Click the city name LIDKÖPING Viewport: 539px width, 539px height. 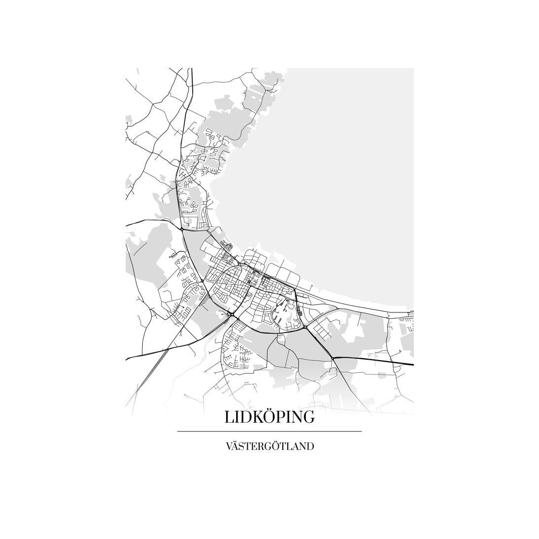tap(269, 417)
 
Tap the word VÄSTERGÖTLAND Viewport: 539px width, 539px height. tap(269, 447)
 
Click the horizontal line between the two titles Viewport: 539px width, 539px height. tap(269, 432)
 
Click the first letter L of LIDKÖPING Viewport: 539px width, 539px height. tap(229, 417)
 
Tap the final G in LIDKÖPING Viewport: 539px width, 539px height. tap(308, 417)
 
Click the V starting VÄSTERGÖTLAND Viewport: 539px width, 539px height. tap(228, 447)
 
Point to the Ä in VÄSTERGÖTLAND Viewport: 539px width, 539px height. tap(235, 447)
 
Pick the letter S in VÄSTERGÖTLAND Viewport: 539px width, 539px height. tap(241, 447)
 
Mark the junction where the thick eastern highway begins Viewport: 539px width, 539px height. tap(333, 358)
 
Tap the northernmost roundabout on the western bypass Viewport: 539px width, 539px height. tap(182, 229)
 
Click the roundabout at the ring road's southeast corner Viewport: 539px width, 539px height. tap(305, 327)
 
